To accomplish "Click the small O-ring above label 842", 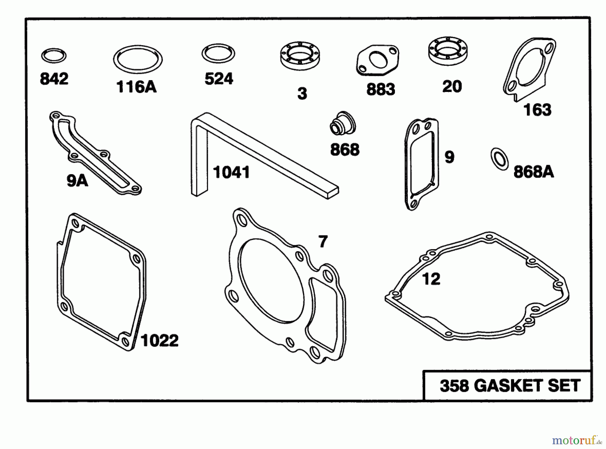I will click(54, 56).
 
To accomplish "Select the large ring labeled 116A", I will click(138, 60).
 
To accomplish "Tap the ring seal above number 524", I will click(218, 53).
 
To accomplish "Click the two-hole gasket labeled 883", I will click(377, 61).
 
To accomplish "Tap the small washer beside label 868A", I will click(500, 159).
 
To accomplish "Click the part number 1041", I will click(232, 172).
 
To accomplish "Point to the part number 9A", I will click(77, 181).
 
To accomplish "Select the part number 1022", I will click(160, 341).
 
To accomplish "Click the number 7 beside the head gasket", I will click(323, 242).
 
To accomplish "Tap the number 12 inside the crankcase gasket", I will click(431, 279).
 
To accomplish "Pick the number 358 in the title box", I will click(454, 386).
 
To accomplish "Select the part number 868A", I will click(534, 172).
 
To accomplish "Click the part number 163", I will click(537, 110).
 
